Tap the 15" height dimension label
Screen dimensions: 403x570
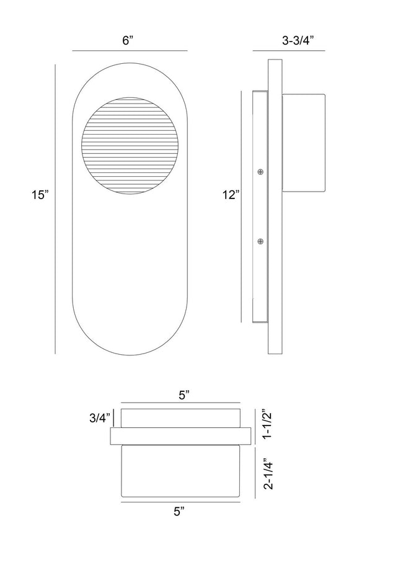tap(39, 195)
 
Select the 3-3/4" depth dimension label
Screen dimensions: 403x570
tap(298, 40)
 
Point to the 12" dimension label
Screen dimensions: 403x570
tap(231, 195)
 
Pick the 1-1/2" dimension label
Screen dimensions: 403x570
tap(267, 425)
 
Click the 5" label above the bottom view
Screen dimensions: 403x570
tap(184, 396)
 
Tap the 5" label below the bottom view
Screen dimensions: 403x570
tap(179, 512)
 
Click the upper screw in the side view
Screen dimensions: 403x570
tap(260, 172)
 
